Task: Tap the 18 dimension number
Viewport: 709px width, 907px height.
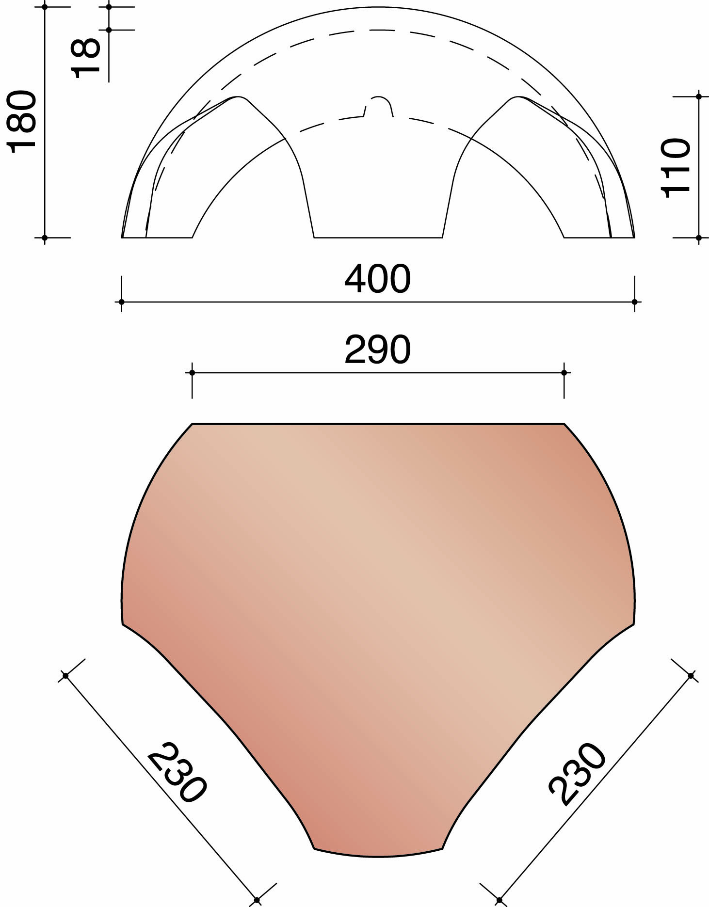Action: coord(86,58)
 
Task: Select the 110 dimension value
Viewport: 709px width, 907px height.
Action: coord(676,167)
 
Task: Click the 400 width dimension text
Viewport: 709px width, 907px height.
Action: coord(378,279)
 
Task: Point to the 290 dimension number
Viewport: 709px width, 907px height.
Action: coord(378,350)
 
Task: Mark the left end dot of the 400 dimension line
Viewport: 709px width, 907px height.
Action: coord(121,302)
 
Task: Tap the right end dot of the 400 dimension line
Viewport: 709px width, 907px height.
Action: coord(634,302)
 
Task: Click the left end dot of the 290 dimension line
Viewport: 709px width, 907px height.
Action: coord(192,373)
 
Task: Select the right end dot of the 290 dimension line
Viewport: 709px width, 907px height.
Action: coord(564,373)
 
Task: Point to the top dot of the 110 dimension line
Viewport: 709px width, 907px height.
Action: coord(699,96)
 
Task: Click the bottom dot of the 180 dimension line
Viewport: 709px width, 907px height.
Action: coord(45,238)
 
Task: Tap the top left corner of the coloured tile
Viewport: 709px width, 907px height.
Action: coord(193,425)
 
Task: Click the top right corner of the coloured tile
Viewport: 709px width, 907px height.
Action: coord(564,425)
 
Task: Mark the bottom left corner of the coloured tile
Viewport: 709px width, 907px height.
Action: coord(315,848)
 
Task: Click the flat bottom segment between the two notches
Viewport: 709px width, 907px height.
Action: coord(378,238)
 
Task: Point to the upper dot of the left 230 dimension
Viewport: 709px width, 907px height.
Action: coord(65,675)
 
